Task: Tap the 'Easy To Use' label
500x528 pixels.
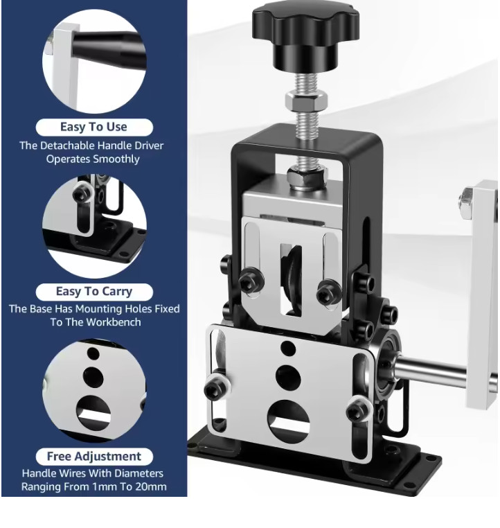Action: pyautogui.click(x=94, y=127)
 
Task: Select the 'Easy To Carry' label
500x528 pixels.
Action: pyautogui.click(x=94, y=291)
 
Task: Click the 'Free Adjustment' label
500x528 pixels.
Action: pyautogui.click(x=94, y=456)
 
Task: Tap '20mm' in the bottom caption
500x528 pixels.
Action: pyautogui.click(x=151, y=487)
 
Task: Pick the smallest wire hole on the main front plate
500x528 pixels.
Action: pyautogui.click(x=287, y=349)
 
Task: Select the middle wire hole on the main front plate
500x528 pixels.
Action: pyautogui.click(x=288, y=376)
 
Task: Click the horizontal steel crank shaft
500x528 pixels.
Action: pyautogui.click(x=431, y=369)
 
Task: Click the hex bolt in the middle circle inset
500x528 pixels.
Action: pyautogui.click(x=83, y=193)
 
